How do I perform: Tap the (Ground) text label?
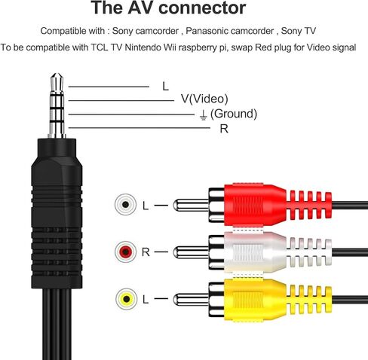(x=234, y=114)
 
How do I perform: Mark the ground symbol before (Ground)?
(x=202, y=114)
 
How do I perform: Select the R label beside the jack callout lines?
(x=224, y=128)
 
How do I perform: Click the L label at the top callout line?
(x=165, y=86)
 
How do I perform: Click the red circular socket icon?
(x=124, y=251)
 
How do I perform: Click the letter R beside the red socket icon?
(x=146, y=251)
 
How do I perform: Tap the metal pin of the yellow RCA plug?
(x=189, y=297)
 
